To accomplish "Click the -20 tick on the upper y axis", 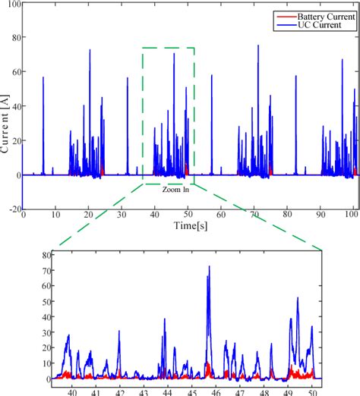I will coord(14,209).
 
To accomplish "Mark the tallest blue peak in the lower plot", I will coord(209,267).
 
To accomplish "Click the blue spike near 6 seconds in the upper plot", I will coord(43,77).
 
